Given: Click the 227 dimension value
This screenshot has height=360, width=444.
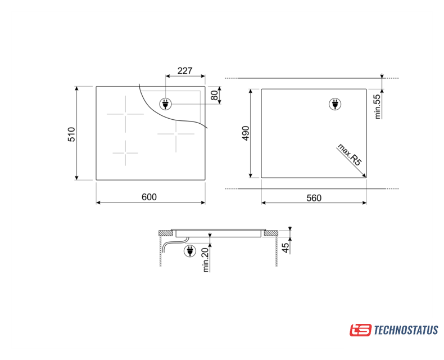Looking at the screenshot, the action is pos(185,70).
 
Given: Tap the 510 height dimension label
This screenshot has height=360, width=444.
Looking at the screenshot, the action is pos(71,134).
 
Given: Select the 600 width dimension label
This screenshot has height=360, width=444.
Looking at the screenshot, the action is pos(149,197).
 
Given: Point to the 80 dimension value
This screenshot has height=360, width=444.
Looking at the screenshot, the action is pos(215,95).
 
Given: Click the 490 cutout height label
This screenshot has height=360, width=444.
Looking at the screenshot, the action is pos(246,133).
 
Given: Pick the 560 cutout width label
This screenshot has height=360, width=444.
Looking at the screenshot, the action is pos(314,198).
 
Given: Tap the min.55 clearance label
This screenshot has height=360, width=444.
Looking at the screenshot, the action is pos(378,106).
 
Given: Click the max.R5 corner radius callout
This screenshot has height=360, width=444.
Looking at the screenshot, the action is pos(350,155).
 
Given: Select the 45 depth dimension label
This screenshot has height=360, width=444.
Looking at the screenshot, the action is pos(286,248).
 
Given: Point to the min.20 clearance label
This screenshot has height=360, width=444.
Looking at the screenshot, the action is pos(206,259).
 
